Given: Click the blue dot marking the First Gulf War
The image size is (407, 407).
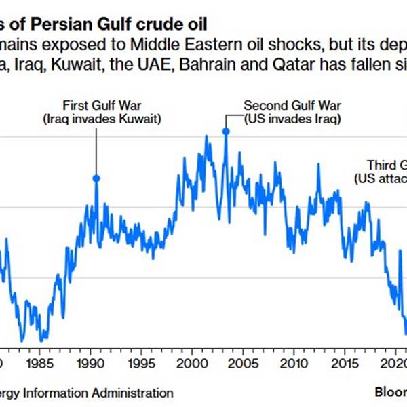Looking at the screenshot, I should [x=96, y=178].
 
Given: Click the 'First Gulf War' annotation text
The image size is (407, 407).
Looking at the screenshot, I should [x=96, y=106].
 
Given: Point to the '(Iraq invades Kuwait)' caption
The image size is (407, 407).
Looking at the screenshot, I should [x=96, y=119].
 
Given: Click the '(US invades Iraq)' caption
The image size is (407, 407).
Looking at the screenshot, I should [x=292, y=119].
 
